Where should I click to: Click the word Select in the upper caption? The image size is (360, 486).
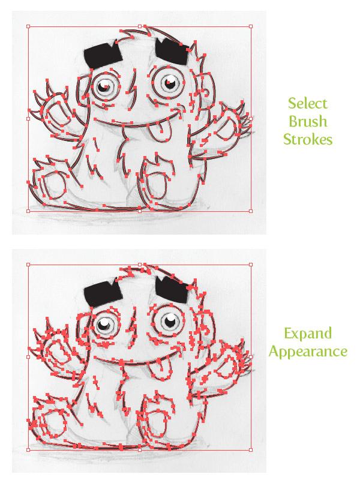pyautogui.click(x=308, y=104)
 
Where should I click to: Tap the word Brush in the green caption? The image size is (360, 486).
pyautogui.click(x=308, y=121)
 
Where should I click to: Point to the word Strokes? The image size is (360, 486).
pyautogui.click(x=308, y=139)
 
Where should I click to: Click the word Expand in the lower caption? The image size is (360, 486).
pyautogui.click(x=308, y=334)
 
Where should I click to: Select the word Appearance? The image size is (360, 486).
pyautogui.click(x=308, y=352)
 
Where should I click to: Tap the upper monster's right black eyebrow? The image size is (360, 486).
pyautogui.click(x=172, y=51)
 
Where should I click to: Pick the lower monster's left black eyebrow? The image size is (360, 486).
pyautogui.click(x=103, y=295)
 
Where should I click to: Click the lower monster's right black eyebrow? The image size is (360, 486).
pyautogui.click(x=172, y=290)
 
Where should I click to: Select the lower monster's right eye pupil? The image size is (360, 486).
pyautogui.click(x=170, y=320)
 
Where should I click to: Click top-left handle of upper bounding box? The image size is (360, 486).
pyautogui.click(x=28, y=26)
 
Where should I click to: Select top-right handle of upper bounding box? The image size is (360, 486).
pyautogui.click(x=251, y=26)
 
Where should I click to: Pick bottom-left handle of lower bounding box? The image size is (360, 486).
pyautogui.click(x=28, y=449)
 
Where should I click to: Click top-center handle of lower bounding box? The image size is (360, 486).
pyautogui.click(x=140, y=265)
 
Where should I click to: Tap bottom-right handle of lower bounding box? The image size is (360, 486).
pyautogui.click(x=251, y=449)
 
